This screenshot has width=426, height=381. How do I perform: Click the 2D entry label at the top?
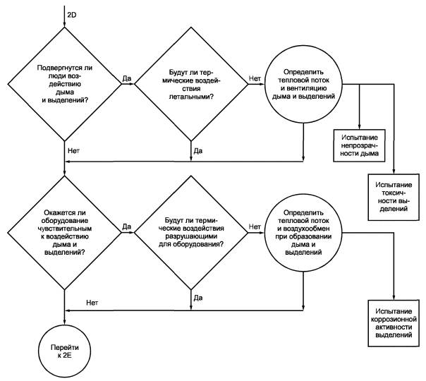pyautogui.click(x=72, y=15)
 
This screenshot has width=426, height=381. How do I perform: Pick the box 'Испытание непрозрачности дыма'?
pyautogui.click(x=359, y=145)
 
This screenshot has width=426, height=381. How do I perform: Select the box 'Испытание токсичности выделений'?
pyautogui.click(x=394, y=197)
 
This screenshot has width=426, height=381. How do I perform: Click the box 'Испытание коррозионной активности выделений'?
pyautogui.click(x=394, y=323)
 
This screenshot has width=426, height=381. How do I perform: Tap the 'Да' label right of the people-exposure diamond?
pyautogui.click(x=127, y=78)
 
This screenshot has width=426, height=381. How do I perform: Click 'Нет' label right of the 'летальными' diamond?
pyautogui.click(x=255, y=78)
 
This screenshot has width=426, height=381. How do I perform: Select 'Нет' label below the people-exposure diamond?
pyautogui.click(x=73, y=150)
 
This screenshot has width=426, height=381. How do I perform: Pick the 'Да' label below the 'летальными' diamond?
pyautogui.click(x=198, y=150)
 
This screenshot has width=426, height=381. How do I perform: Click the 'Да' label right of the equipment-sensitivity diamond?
pyautogui.click(x=127, y=226)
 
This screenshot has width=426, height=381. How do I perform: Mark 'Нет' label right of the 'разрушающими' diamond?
pyautogui.click(x=255, y=226)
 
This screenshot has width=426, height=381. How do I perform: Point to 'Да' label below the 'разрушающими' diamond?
pyautogui.click(x=198, y=298)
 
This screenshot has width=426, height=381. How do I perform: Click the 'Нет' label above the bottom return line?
pyautogui.click(x=92, y=303)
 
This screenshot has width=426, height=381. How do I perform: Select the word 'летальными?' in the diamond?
pyautogui.click(x=191, y=97)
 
